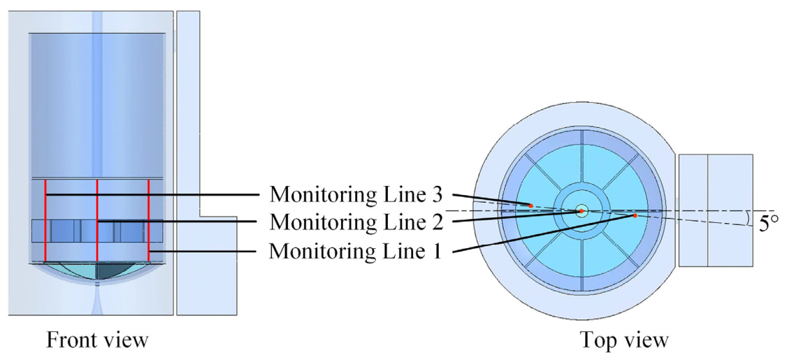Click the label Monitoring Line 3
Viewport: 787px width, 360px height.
[x=355, y=194]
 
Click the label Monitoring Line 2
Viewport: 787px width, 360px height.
[x=355, y=222]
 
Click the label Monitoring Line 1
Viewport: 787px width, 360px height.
[x=355, y=250]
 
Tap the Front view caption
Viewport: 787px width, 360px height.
[x=97, y=340]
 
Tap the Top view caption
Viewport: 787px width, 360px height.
[x=624, y=340]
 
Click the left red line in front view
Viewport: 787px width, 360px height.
[x=45, y=220]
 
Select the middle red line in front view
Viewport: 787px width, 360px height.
[x=97, y=220]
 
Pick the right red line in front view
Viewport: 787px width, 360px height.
[x=149, y=220]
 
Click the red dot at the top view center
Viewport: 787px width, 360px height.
[x=582, y=211]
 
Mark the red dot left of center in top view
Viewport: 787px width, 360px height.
[x=530, y=206]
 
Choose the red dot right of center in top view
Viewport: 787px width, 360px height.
[x=635, y=215]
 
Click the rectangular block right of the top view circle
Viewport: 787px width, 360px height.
[x=716, y=210]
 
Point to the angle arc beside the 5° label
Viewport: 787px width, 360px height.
[x=750, y=217]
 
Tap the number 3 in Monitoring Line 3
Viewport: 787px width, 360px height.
[x=435, y=194]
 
